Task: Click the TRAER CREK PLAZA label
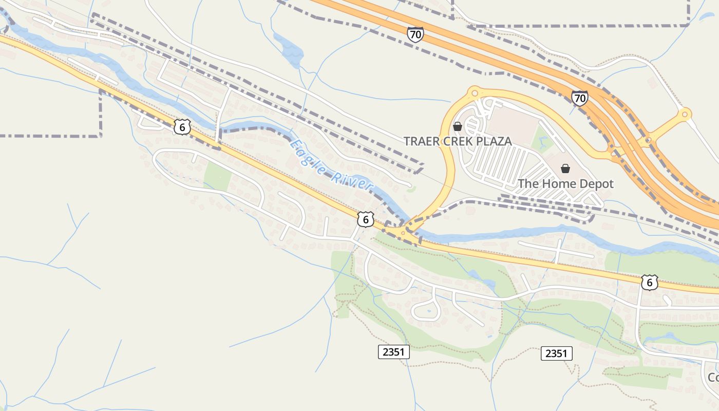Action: click(457, 141)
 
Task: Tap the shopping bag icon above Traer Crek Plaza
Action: click(457, 126)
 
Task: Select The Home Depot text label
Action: click(565, 183)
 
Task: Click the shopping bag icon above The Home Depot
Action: click(565, 169)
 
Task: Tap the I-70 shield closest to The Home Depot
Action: click(579, 98)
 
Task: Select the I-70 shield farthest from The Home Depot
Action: click(415, 34)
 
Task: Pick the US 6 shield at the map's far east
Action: click(649, 282)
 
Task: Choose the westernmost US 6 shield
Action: click(182, 126)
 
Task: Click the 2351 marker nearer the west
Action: click(394, 352)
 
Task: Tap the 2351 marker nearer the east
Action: click(556, 353)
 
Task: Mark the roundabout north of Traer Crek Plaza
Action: click(474, 93)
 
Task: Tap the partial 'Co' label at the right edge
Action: click(713, 378)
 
